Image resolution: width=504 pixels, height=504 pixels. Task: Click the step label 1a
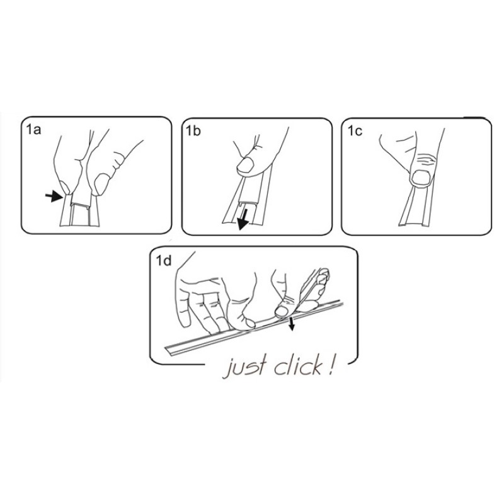tap(33, 130)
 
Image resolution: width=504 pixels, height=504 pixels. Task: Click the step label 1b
tap(193, 131)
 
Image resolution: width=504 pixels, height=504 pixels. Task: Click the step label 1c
tap(355, 131)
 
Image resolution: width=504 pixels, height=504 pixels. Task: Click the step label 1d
tap(164, 261)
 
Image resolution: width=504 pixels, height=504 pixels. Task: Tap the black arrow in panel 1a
tap(54, 196)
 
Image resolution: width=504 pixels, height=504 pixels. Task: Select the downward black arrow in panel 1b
tap(243, 219)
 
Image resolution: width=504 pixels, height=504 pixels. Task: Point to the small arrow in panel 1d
tap(292, 324)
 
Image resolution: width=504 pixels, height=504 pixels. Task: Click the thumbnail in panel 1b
tap(245, 165)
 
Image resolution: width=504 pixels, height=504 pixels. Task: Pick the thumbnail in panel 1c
tap(421, 178)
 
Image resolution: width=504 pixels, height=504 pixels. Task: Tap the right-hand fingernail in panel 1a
tap(101, 184)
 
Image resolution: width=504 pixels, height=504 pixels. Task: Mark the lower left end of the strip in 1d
tap(167, 349)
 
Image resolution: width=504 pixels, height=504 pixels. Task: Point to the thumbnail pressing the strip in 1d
tap(282, 311)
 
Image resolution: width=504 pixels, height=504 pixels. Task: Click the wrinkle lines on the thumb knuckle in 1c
tap(425, 159)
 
